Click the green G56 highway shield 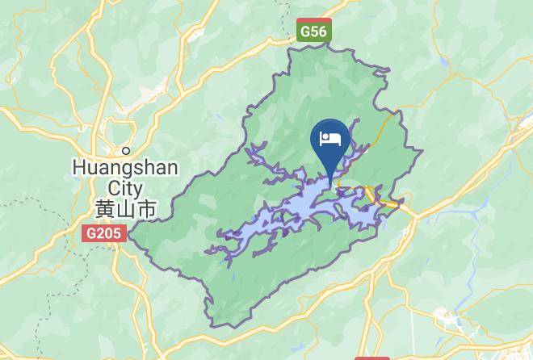pyautogui.click(x=313, y=31)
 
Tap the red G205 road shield pyautogui.click(x=103, y=233)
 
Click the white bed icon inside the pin pyautogui.click(x=329, y=139)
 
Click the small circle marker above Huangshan pyautogui.click(x=126, y=150)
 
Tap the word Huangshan pyautogui.click(x=125, y=168)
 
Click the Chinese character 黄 pyautogui.click(x=105, y=209)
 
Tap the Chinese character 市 pyautogui.click(x=146, y=209)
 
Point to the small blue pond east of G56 pyautogui.click(x=443, y=60)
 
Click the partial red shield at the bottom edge pyautogui.click(x=371, y=356)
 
